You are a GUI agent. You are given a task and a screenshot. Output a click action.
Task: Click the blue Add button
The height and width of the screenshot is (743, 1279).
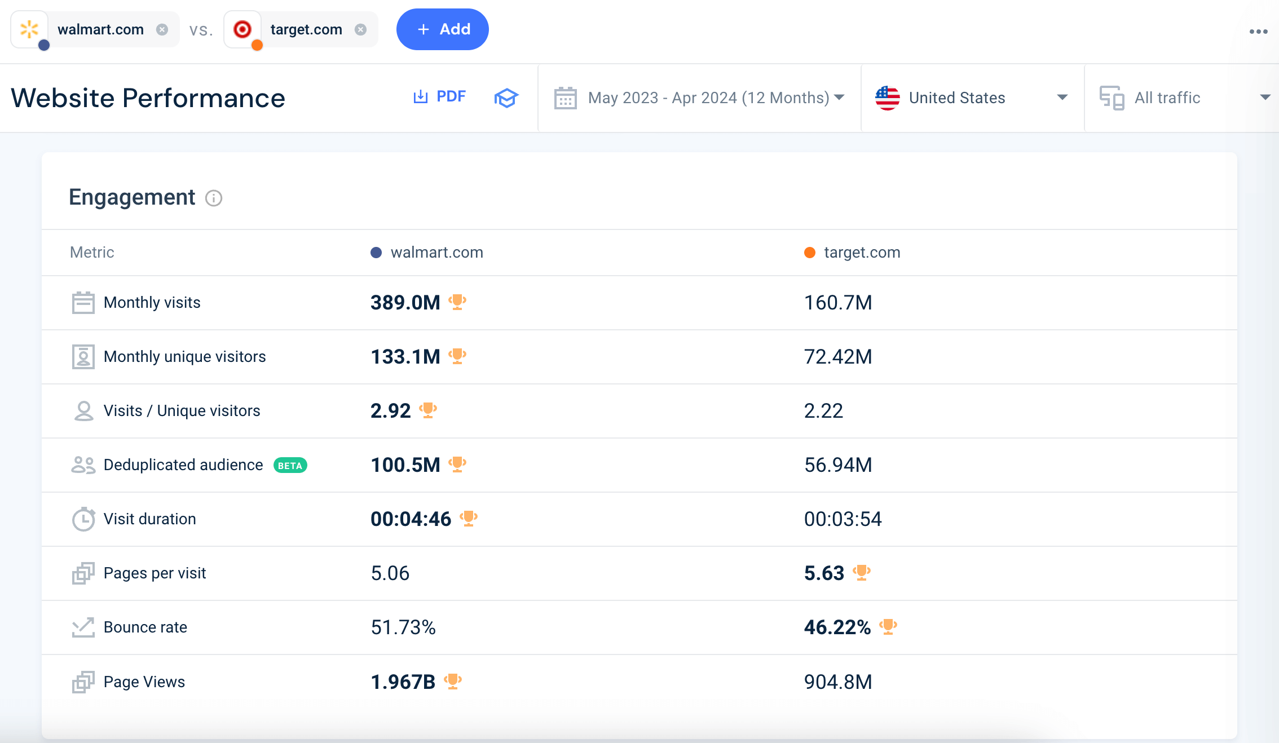[442, 29]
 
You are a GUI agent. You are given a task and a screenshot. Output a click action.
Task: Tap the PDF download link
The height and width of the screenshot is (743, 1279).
[440, 97]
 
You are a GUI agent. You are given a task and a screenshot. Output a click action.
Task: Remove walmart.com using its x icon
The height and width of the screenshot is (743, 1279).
[162, 29]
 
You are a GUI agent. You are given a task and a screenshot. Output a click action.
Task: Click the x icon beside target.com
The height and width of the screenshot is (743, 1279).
[361, 29]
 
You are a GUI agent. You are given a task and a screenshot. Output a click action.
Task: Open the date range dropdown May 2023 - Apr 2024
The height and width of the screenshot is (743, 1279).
[699, 98]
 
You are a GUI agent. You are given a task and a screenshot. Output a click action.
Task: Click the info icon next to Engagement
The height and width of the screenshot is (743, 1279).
[214, 198]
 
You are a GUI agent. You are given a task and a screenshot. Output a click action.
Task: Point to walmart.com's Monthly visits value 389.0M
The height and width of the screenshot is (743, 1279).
[405, 303]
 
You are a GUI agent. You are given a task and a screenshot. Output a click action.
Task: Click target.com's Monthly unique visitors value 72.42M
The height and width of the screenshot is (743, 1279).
[838, 357]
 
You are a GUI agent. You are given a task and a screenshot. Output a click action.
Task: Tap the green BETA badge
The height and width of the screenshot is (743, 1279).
[290, 466]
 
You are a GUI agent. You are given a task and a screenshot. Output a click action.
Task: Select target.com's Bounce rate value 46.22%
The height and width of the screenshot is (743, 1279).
[837, 627]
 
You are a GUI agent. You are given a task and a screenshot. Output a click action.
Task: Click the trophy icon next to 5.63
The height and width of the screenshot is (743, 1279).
[862, 573]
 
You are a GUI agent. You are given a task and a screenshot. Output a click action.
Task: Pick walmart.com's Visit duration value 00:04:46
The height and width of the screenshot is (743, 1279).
[411, 519]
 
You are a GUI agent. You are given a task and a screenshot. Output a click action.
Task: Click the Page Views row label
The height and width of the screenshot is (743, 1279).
[144, 682]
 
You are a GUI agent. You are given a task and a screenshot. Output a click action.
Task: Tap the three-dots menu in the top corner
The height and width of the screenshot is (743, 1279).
[1258, 32]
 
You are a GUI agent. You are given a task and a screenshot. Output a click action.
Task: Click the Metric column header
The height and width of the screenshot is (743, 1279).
[92, 253]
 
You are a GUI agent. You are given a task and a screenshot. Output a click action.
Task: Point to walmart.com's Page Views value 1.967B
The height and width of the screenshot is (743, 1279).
[403, 682]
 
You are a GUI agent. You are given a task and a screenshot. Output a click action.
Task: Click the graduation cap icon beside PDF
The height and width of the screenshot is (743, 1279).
[506, 98]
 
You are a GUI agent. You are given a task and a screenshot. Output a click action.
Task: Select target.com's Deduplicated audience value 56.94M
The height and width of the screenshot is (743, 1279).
[838, 465]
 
